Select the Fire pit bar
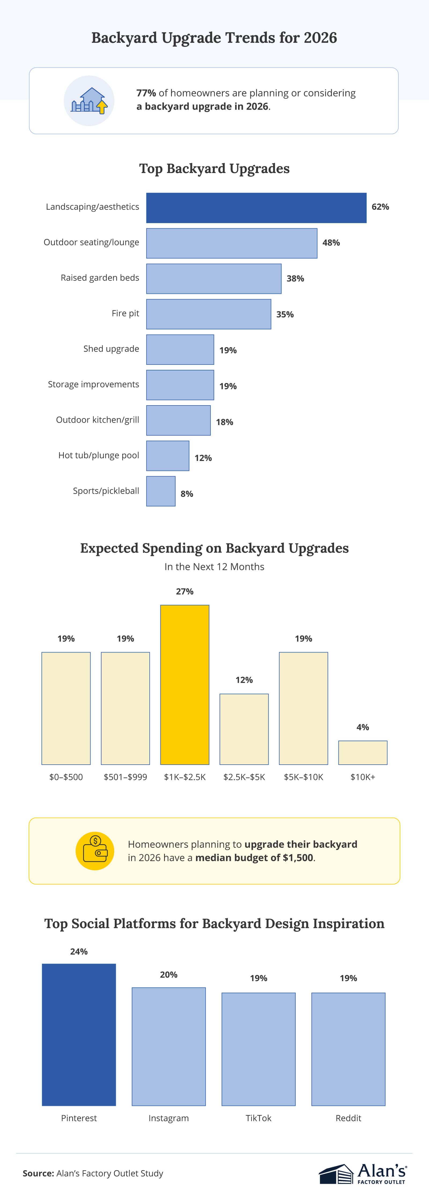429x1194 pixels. [208, 314]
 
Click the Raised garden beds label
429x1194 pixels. [100, 278]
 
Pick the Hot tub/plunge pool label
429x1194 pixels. [98, 455]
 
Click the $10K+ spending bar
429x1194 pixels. [363, 752]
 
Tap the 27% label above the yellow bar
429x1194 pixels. [184, 591]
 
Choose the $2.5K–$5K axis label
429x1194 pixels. [244, 777]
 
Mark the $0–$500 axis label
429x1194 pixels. [66, 777]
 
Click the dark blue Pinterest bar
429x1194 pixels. [79, 1035]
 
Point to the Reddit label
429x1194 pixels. [348, 1118]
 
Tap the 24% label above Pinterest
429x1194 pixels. [79, 952]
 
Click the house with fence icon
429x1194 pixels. [89, 101]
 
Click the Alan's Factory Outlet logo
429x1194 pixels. [363, 1174]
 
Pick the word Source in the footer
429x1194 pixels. [38, 1173]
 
